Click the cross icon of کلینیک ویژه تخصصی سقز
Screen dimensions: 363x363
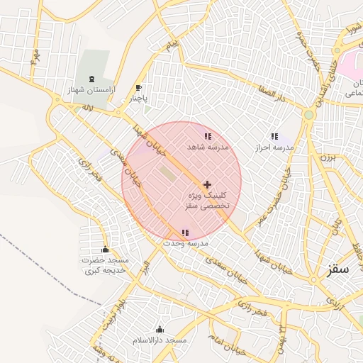(206, 184)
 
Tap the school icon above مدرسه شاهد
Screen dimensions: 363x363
(207, 135)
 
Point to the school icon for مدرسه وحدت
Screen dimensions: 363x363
(185, 233)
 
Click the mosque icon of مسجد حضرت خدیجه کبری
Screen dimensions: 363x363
(106, 249)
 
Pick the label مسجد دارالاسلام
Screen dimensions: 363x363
(160, 341)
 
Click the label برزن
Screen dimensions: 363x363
(328, 157)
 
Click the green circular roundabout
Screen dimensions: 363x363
(308, 114)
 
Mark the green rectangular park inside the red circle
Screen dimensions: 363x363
(167, 173)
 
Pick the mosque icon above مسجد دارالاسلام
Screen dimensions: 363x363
(160, 329)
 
